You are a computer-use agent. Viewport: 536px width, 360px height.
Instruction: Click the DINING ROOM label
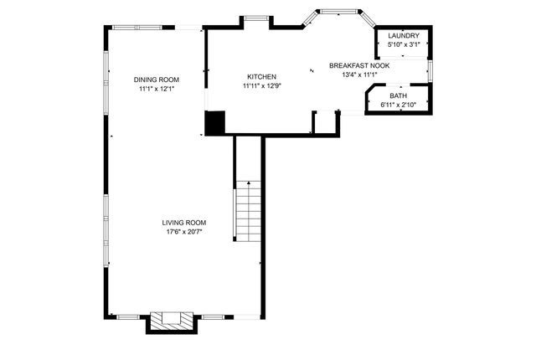point(157,80)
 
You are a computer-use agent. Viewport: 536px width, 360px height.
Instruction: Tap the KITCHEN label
point(261,76)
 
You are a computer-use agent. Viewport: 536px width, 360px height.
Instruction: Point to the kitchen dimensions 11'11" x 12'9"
point(261,85)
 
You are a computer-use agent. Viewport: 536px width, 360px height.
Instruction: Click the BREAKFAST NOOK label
point(358,65)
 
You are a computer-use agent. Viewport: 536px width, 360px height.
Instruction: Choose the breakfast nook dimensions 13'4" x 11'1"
point(358,75)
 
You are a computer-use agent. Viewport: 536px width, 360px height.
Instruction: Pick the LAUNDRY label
point(403,36)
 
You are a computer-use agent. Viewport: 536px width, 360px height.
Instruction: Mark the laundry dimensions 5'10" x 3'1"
point(403,44)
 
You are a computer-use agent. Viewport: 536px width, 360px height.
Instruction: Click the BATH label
point(397,96)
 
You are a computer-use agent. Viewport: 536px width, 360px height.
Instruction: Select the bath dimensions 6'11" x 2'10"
point(397,105)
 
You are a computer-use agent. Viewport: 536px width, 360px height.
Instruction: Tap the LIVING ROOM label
point(183,222)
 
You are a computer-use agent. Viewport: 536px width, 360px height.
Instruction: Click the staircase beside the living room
point(248,209)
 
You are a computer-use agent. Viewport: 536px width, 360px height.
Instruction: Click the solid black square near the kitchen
point(215,123)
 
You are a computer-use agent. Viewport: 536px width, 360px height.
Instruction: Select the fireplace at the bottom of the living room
point(170,321)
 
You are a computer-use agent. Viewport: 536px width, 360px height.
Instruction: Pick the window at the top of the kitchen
point(255,18)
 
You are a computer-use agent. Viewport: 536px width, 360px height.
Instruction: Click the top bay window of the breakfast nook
point(338,12)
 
